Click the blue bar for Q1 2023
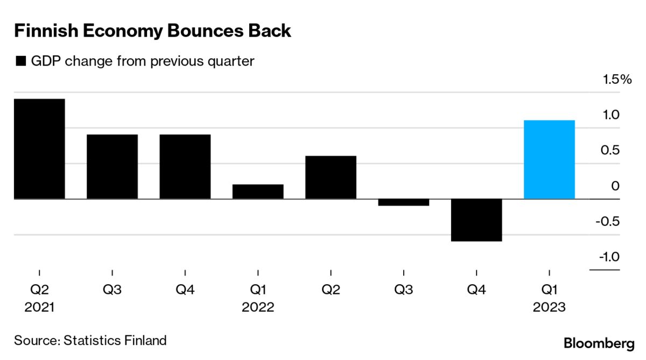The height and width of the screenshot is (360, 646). pyautogui.click(x=549, y=159)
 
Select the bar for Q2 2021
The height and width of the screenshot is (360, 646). pyautogui.click(x=39, y=149)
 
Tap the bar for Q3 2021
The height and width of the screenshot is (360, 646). pyautogui.click(x=112, y=166)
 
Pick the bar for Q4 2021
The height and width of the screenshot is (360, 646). pyautogui.click(x=185, y=166)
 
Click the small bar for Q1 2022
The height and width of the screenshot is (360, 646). pyautogui.click(x=258, y=192)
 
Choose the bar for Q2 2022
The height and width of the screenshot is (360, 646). pyautogui.click(x=331, y=177)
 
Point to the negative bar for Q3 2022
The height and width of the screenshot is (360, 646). pyautogui.click(x=403, y=202)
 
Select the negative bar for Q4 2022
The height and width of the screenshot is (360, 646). pyautogui.click(x=476, y=220)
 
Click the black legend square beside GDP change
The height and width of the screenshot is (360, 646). pyautogui.click(x=21, y=61)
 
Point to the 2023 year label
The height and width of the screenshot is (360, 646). pyautogui.click(x=549, y=307)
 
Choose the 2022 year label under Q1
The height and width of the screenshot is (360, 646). pyautogui.click(x=258, y=307)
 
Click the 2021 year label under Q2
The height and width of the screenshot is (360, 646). pyautogui.click(x=39, y=307)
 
